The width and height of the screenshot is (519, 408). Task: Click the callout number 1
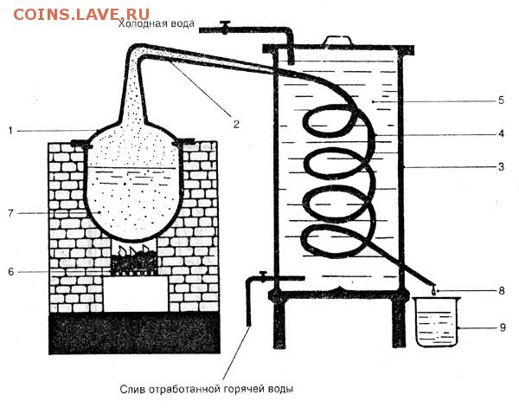coord(10,131)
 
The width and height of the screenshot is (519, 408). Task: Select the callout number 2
coord(236,124)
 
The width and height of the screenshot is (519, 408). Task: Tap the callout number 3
coord(502,166)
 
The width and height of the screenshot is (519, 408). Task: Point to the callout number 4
coord(502,133)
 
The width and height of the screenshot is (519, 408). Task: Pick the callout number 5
coord(502,100)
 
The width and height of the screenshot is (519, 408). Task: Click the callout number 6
coord(11,272)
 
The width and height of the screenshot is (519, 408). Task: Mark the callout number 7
coord(11,213)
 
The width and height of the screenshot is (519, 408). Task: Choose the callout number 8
coord(502,291)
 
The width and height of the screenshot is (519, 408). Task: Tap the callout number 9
coord(503,327)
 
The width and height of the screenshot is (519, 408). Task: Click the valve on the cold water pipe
coord(225,27)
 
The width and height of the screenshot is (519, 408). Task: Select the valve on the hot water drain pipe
coord(263,276)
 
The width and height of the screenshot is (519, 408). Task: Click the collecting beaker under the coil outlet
coord(436,322)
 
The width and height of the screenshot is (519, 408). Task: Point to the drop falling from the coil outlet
coord(433,291)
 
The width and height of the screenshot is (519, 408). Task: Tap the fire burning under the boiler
coord(134,259)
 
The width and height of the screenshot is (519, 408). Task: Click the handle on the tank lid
coord(337,40)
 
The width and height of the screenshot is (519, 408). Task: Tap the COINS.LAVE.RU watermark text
coord(81,14)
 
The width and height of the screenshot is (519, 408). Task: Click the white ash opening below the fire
coord(136,294)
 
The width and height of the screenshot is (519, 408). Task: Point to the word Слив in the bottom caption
coord(132,388)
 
